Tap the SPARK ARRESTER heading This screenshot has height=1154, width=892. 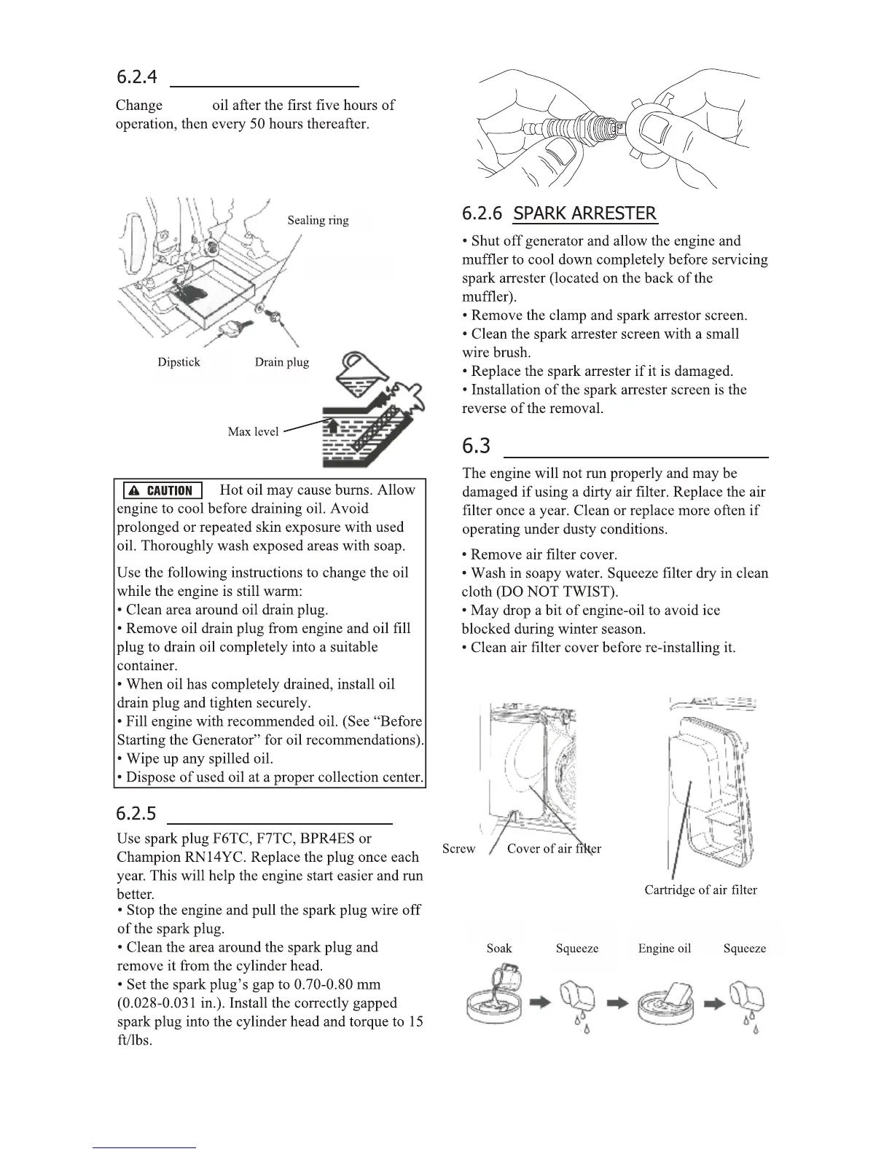click(x=585, y=213)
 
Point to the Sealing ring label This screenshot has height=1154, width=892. click(x=318, y=220)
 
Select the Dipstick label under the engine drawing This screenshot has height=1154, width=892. click(x=179, y=362)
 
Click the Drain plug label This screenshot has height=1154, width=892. click(x=282, y=362)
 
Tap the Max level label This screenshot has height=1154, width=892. click(x=253, y=431)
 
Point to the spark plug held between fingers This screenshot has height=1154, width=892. click(x=576, y=129)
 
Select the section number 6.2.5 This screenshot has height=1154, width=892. click(x=136, y=812)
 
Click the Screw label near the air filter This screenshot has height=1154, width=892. click(x=458, y=849)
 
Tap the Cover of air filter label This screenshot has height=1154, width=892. click(x=554, y=849)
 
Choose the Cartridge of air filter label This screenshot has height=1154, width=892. click(x=700, y=890)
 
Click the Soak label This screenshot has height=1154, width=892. click(x=499, y=949)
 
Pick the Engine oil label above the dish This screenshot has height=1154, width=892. click(x=664, y=949)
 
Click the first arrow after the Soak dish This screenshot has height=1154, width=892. click(x=539, y=1003)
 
